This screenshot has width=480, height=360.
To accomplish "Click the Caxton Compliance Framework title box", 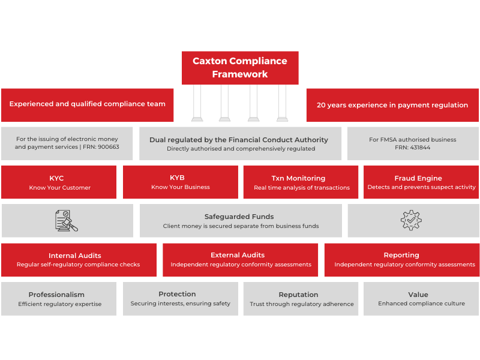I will (x=240, y=68).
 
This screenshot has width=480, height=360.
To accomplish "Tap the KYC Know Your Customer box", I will (x=59, y=182).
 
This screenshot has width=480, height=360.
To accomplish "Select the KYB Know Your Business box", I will (x=180, y=182).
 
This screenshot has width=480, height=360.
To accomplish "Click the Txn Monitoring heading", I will (x=298, y=178).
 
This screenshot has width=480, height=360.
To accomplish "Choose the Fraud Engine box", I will (x=421, y=182).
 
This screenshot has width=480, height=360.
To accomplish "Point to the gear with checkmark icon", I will (x=411, y=220).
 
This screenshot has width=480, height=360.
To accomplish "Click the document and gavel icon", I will (x=66, y=220).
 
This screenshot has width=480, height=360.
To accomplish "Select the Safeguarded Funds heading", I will (x=239, y=217).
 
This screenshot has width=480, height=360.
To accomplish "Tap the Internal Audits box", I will (x=79, y=260).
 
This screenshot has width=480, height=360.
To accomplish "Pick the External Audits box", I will (x=241, y=260).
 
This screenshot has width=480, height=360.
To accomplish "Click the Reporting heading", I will (x=401, y=256).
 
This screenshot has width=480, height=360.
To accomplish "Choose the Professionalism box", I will (x=59, y=299).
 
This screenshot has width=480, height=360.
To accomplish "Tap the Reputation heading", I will (x=298, y=295).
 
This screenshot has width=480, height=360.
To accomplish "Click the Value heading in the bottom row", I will (x=418, y=295).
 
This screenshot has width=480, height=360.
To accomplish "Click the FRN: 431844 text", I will (x=413, y=147).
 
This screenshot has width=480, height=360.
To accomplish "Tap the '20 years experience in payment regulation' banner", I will (x=392, y=105).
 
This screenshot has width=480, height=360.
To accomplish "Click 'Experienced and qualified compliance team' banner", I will (x=87, y=104).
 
